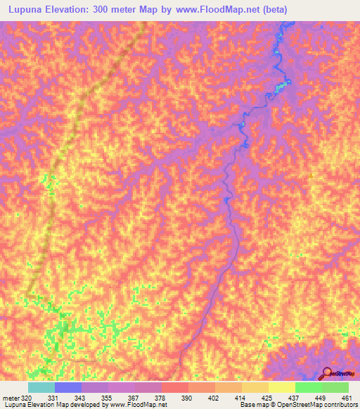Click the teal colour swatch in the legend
tap(41, 387)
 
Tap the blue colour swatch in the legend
tap(68, 387)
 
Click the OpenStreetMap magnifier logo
tap(328, 373)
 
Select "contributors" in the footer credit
tap(338, 405)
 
